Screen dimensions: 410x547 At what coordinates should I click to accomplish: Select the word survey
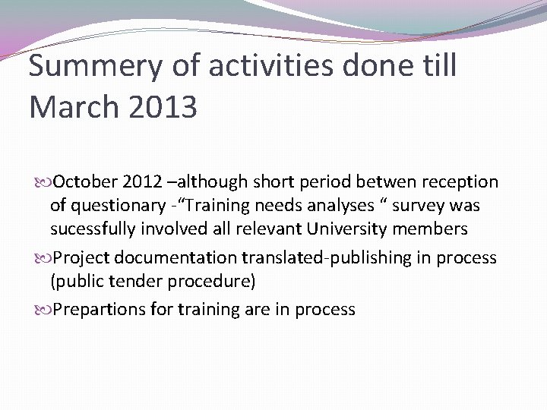tap(422, 207)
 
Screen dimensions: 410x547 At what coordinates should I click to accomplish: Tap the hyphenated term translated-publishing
tap(321, 257)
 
